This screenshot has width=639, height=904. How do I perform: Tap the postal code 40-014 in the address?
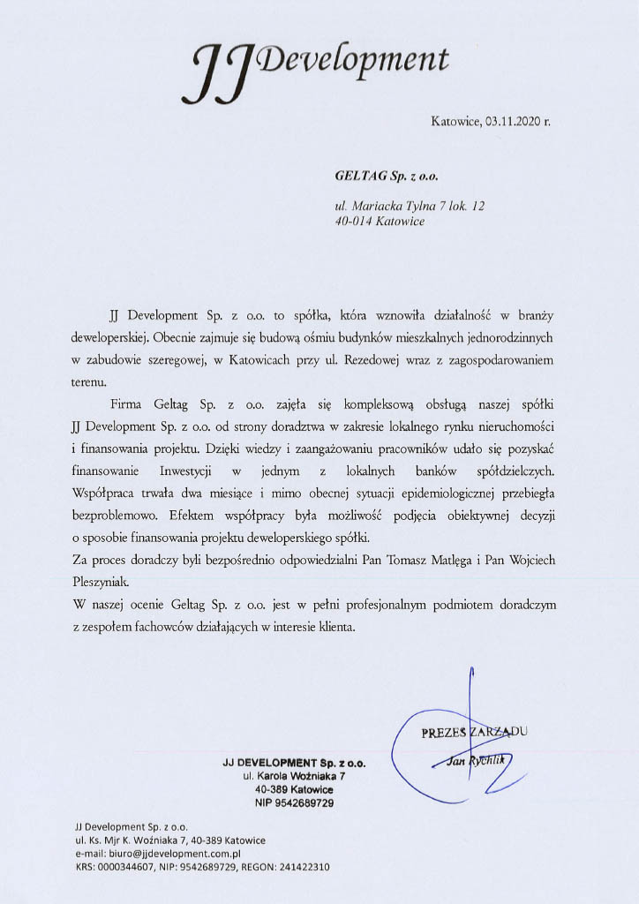click(x=354, y=222)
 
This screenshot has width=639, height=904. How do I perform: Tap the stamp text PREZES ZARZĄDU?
click(x=475, y=732)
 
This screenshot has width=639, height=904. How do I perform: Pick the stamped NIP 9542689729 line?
click(x=294, y=803)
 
